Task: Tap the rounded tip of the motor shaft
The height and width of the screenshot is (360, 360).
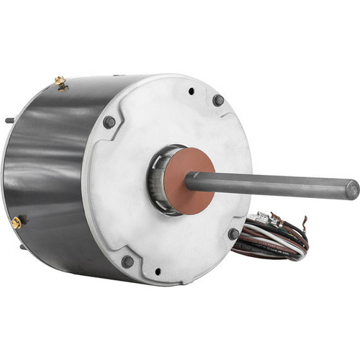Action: click(351, 190)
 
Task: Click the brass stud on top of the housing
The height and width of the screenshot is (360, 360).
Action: click(59, 81)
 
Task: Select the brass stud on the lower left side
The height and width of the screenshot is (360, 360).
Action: click(16, 223)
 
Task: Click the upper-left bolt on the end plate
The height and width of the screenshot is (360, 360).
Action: click(109, 122)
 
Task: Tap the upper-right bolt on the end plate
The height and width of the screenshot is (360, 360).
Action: click(217, 100)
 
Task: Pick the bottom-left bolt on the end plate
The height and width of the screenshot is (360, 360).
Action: click(127, 261)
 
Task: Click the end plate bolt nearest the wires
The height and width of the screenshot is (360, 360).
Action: click(233, 234)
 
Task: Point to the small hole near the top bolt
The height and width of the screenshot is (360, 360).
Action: click(191, 91)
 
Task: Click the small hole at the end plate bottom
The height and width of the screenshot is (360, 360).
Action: click(158, 272)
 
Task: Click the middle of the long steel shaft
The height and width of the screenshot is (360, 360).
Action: click(274, 185)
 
